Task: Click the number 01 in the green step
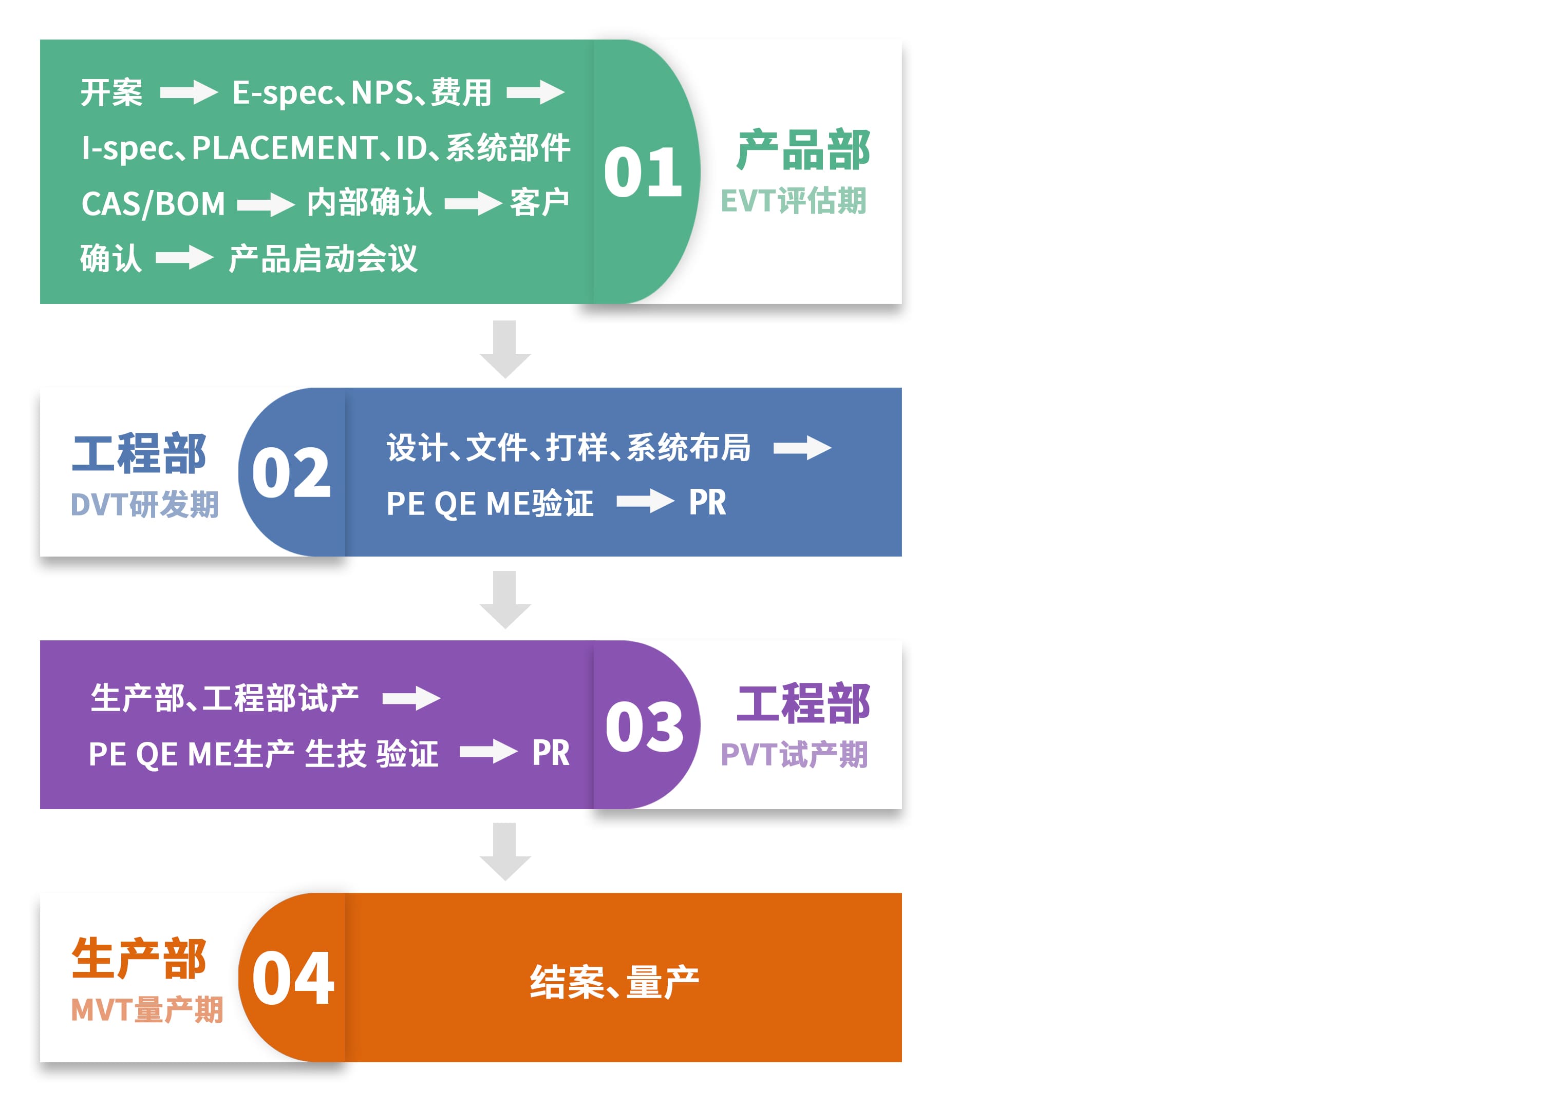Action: pyautogui.click(x=643, y=173)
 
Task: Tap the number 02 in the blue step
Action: pyautogui.click(x=291, y=473)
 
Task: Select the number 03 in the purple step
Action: pyautogui.click(x=644, y=726)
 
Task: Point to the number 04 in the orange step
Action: pyautogui.click(x=293, y=978)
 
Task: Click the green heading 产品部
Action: pyautogui.click(x=803, y=150)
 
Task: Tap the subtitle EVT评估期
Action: pyautogui.click(x=794, y=201)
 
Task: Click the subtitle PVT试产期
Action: pyautogui.click(x=794, y=755)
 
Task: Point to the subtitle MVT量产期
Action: pyautogui.click(x=147, y=1010)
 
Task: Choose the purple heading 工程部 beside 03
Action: pyautogui.click(x=803, y=703)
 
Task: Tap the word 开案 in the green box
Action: pyautogui.click(x=111, y=92)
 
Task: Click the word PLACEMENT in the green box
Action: pyautogui.click(x=285, y=148)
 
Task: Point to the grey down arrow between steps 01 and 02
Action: pyautogui.click(x=505, y=349)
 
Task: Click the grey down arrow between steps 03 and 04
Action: pyautogui.click(x=505, y=852)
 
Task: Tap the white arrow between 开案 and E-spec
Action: pyautogui.click(x=189, y=92)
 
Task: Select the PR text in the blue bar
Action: pyautogui.click(x=707, y=503)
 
